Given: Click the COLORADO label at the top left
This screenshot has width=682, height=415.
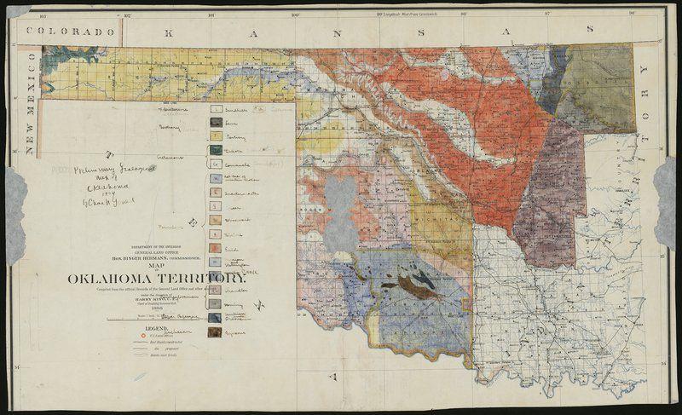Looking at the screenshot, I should (x=70, y=31).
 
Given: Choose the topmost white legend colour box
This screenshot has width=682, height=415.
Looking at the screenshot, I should (x=217, y=110).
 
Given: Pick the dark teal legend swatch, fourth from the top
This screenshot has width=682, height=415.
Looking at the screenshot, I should (x=217, y=151).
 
